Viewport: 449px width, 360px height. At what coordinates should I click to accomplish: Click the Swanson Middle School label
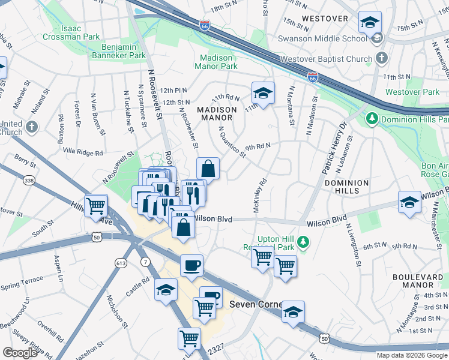322,38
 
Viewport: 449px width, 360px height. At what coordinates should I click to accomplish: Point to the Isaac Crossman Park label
71,32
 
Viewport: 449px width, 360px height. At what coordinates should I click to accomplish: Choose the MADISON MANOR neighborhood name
218,114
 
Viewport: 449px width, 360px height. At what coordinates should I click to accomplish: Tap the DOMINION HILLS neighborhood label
342,187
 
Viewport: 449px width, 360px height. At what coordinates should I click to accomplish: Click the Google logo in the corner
20,353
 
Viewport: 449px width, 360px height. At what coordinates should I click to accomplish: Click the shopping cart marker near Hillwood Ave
95,206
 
